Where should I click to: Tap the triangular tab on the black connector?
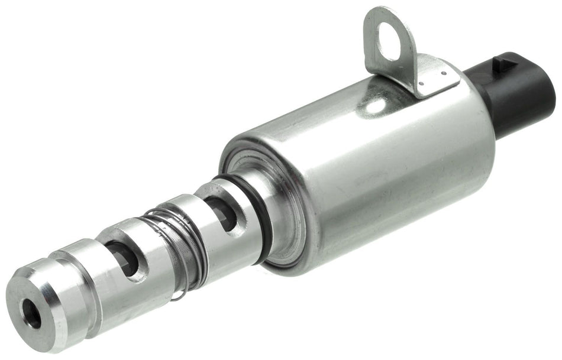pos(504,60)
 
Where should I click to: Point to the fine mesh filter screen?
pos(177,242)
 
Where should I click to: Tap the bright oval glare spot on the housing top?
pos(373,106)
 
